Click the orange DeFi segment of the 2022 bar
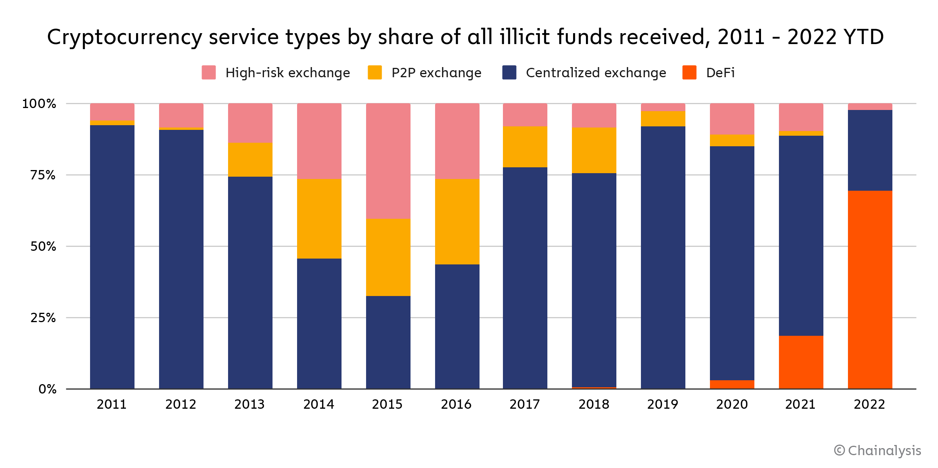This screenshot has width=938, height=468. pos(870,289)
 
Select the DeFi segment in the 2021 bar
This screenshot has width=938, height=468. pos(801,362)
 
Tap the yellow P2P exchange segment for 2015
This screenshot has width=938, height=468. pos(388,257)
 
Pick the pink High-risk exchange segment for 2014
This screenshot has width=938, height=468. pos(319,141)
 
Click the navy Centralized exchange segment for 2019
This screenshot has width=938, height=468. pos(663,257)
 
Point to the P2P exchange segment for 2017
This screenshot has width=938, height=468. pos(525,147)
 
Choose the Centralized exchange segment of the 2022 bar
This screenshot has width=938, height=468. pos(870,150)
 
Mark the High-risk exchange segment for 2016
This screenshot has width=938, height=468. pos(457,141)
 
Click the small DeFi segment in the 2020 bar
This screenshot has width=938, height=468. pos(732,384)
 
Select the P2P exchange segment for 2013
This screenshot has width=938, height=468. pos(250,160)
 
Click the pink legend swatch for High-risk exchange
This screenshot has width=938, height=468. pos(209,73)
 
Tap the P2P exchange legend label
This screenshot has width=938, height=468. pos(436,73)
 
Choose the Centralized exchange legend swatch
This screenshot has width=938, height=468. pos(509,73)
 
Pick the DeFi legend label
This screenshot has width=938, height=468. pos(720,73)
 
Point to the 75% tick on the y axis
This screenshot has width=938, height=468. pos(43,175)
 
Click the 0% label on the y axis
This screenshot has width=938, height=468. pos(47,389)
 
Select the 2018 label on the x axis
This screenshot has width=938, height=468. pos(594,404)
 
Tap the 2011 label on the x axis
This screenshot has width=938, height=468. pos(112,404)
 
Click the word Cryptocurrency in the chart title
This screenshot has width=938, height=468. pos(124,38)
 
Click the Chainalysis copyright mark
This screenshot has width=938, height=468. pos(877,450)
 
